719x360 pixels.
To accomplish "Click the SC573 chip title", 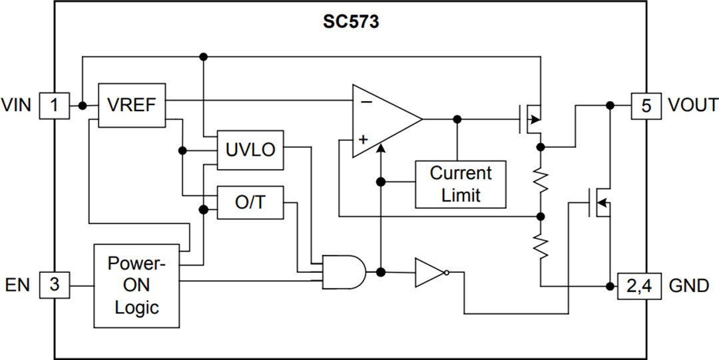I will (x=351, y=22).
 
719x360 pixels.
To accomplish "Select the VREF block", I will (x=131, y=105).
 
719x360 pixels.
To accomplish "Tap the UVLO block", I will (x=250, y=150).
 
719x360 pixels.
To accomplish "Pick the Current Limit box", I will (x=460, y=184).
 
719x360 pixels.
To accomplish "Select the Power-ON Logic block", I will (x=136, y=285).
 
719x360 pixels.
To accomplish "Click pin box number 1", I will (x=55, y=105).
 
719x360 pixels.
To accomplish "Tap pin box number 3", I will (x=55, y=285).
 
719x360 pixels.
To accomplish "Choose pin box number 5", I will (x=646, y=105).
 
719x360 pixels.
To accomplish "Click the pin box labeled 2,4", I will (x=640, y=285).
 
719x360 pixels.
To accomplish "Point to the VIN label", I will (x=16, y=105).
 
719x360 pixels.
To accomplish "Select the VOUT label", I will (x=693, y=105).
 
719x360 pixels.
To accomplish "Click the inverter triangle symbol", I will (x=430, y=272).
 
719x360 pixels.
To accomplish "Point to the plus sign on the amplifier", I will (x=363, y=140).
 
